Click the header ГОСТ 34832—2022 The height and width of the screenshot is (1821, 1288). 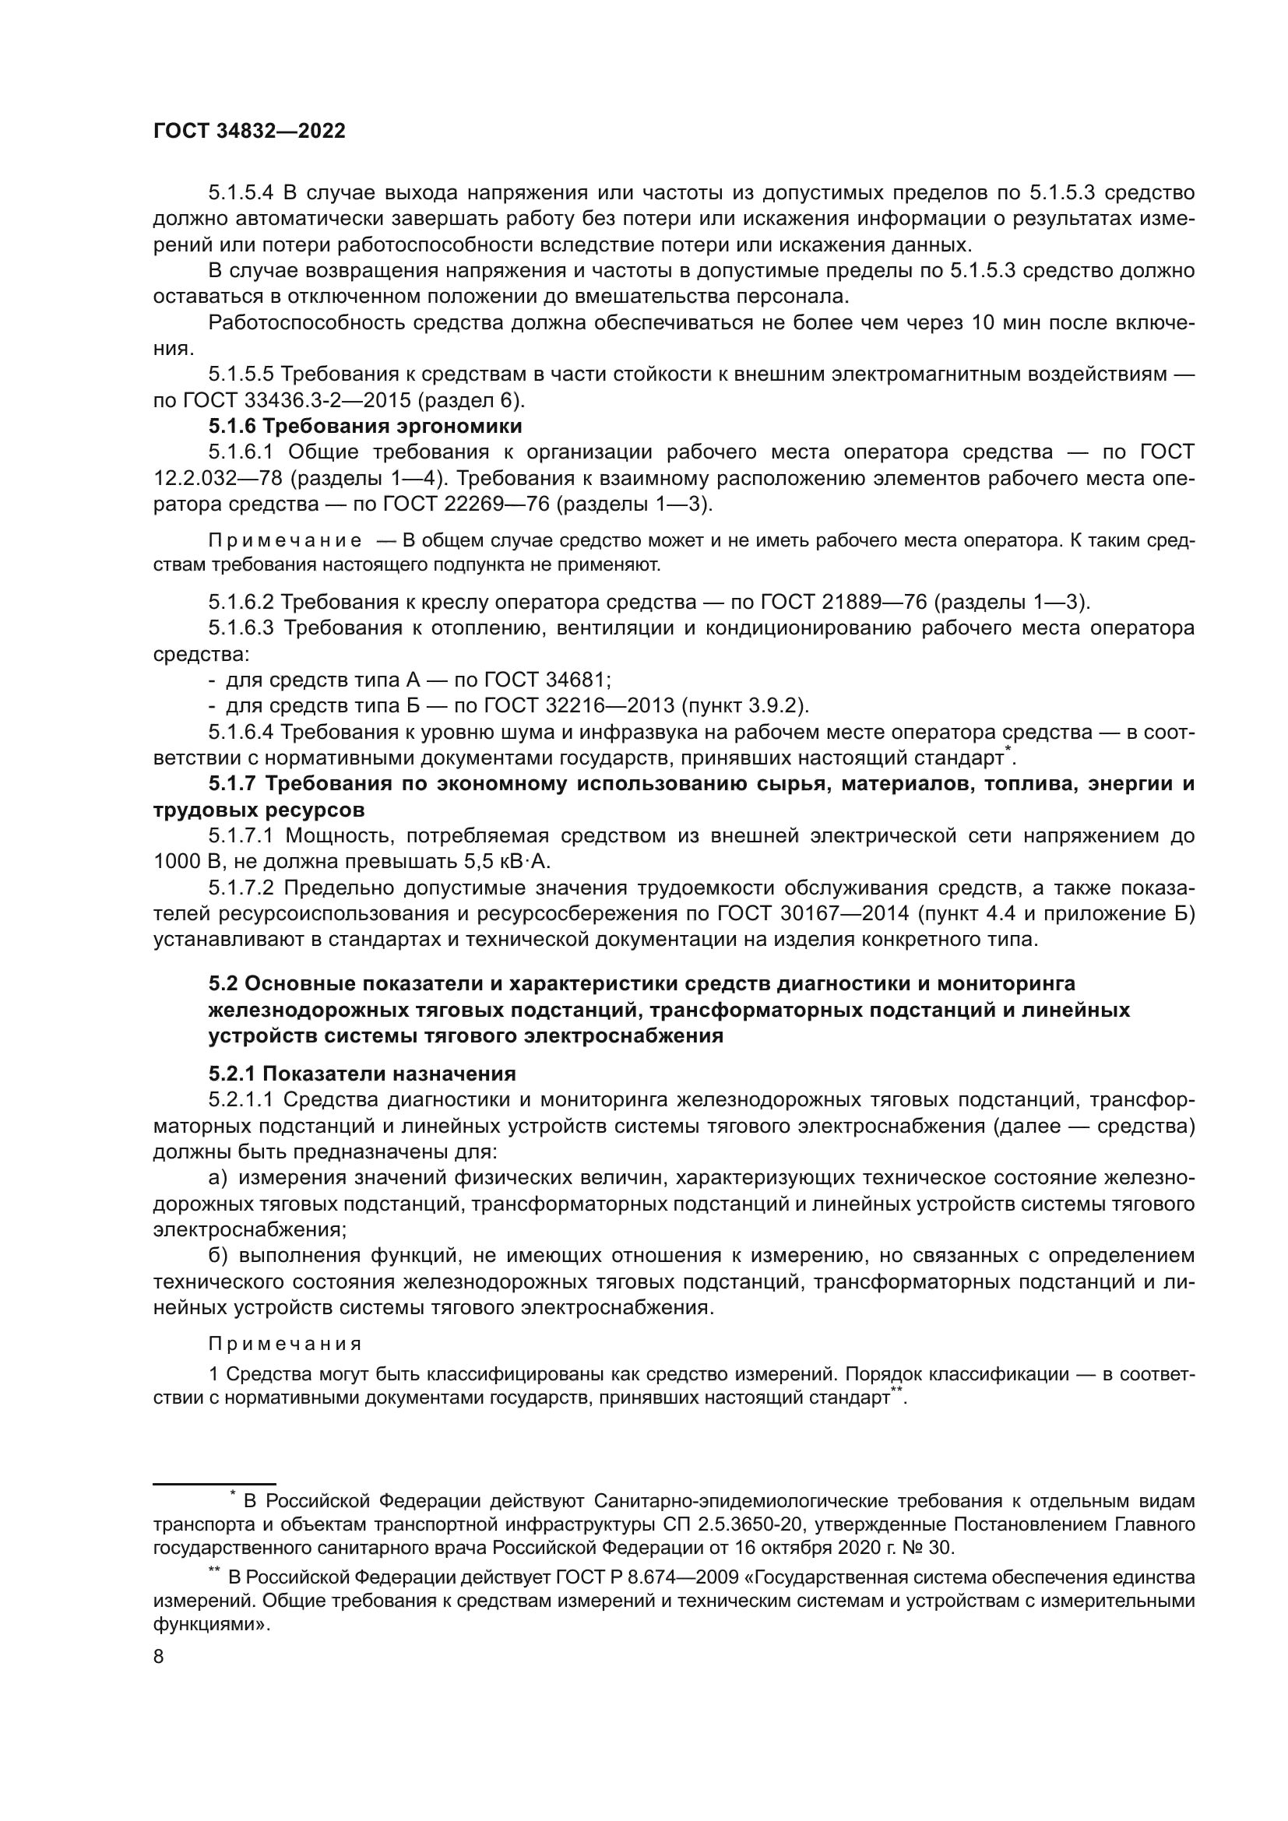point(249,132)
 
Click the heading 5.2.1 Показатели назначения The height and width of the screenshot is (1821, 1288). point(362,1074)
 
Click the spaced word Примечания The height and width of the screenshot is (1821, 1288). point(286,1345)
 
